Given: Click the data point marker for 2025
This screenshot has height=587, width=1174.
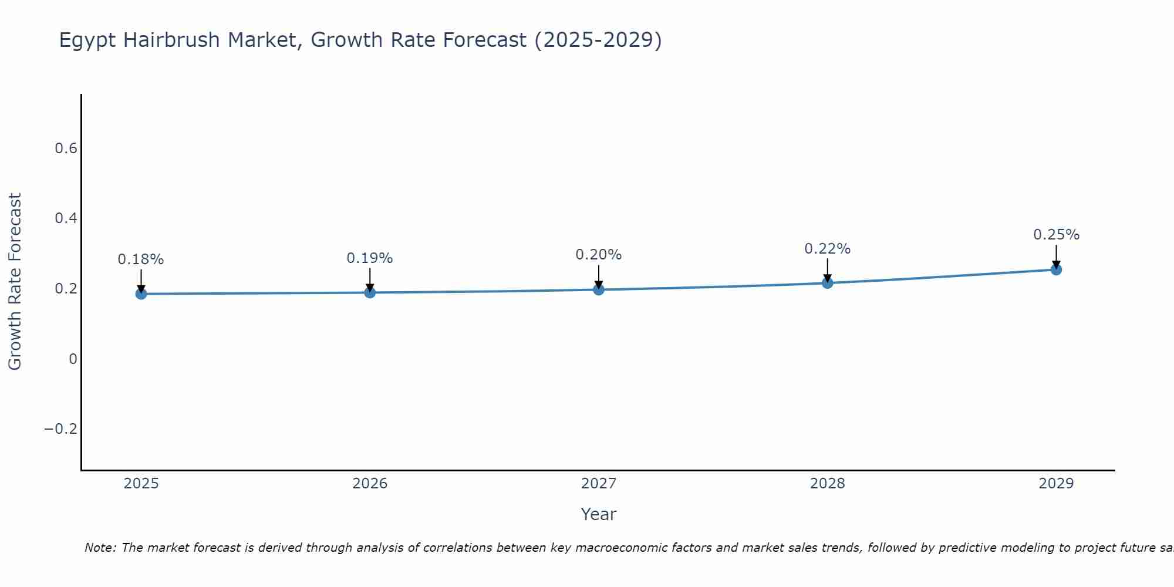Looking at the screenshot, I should click(x=141, y=293).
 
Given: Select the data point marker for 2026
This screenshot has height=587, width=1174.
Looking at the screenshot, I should click(x=370, y=292).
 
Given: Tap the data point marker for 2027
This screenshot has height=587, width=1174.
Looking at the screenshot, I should click(x=599, y=289).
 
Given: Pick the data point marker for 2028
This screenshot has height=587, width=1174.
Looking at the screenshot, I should click(x=828, y=283).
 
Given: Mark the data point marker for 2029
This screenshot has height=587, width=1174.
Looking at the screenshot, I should click(x=1056, y=269).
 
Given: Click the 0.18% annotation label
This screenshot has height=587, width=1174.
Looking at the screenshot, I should click(x=141, y=259).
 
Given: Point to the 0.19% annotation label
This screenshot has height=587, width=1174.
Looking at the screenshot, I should click(x=370, y=258).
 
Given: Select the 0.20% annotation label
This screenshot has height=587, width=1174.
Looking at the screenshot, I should click(x=599, y=255).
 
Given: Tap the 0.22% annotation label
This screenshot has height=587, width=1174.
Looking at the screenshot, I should click(x=828, y=249).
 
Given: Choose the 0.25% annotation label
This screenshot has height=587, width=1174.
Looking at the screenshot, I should click(x=1056, y=235).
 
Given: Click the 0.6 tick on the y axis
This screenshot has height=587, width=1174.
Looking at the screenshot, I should click(x=66, y=149).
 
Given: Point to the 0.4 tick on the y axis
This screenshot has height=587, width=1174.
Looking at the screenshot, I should click(x=66, y=218).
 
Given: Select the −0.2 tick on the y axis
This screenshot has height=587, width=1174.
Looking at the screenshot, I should click(x=61, y=429).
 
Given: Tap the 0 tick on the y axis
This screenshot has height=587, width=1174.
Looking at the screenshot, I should click(x=73, y=359).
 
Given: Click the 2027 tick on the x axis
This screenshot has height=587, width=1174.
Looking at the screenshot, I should click(x=599, y=484).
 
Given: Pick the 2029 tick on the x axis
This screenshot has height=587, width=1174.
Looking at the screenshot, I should click(x=1056, y=484).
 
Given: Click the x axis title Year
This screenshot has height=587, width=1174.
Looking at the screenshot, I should click(x=599, y=514).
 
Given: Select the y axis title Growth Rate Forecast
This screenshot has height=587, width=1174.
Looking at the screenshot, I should click(x=15, y=282).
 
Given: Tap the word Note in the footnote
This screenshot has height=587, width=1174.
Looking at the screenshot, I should click(x=100, y=548).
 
